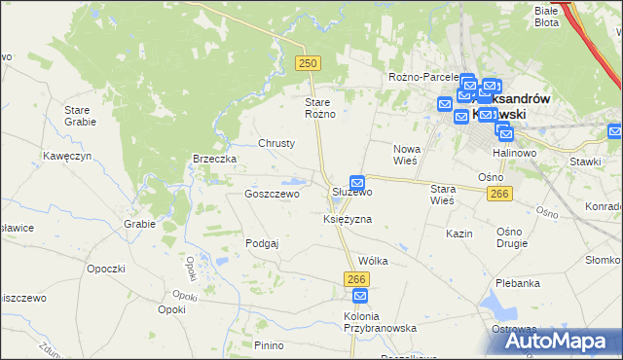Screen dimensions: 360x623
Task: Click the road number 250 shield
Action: coord(308,62)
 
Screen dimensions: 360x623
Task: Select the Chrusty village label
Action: coord(276,143)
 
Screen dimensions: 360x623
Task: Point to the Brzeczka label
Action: coord(215,159)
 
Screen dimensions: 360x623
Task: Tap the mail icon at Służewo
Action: coord(357,182)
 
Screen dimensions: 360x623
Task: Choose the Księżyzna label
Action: coord(348,220)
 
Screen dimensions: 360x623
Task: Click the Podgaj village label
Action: coord(263,244)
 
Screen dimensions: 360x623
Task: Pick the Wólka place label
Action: coord(373,261)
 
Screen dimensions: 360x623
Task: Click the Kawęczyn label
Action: coord(67,156)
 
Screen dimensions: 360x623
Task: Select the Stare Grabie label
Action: coord(78,116)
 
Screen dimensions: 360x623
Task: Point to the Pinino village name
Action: coord(269,345)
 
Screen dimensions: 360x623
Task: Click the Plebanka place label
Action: coord(517,283)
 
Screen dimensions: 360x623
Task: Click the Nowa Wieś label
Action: coord(406,155)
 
